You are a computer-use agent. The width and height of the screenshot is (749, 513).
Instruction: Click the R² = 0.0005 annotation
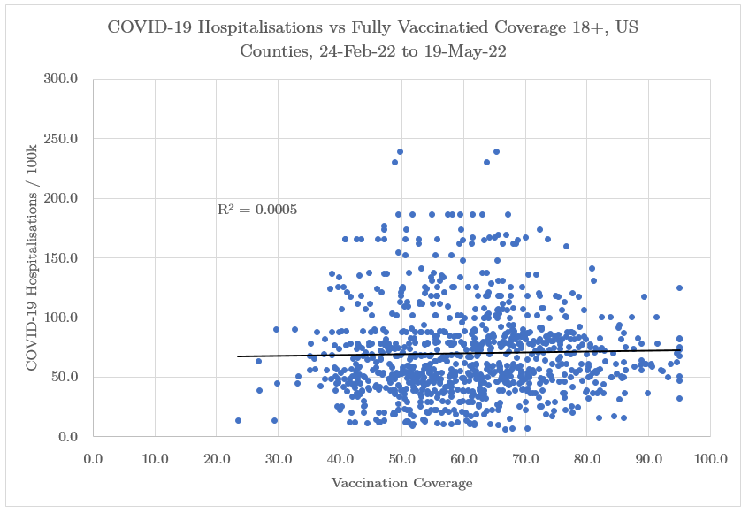click(x=256, y=211)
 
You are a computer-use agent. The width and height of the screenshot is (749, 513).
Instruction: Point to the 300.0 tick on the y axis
click(x=62, y=80)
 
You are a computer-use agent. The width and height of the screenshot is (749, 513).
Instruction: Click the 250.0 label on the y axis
click(x=62, y=139)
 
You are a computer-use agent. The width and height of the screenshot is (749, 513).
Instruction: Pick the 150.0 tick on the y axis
click(x=62, y=258)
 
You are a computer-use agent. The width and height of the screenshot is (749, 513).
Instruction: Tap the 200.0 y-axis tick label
click(x=62, y=199)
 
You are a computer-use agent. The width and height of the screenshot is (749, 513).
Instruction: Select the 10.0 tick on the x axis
click(x=155, y=458)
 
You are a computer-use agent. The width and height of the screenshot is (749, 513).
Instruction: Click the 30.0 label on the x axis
click(x=279, y=458)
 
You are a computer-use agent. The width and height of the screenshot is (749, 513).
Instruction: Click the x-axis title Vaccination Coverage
click(x=401, y=484)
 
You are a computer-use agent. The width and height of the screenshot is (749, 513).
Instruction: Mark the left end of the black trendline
click(x=238, y=356)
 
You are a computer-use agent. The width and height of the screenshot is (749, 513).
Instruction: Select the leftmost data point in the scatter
click(x=238, y=420)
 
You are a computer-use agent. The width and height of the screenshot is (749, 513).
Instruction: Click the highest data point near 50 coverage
click(x=400, y=152)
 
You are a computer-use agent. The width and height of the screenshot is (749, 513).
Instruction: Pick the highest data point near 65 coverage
click(x=496, y=152)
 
